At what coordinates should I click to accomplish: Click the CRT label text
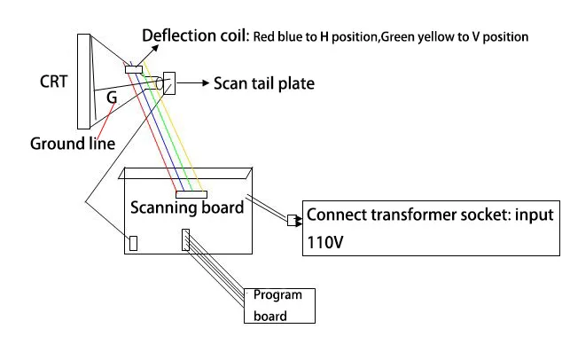(53, 82)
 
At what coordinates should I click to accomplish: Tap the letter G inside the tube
(112, 97)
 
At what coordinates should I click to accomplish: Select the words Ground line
(73, 144)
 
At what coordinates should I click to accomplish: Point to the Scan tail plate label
(264, 83)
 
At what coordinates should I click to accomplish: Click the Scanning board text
(187, 207)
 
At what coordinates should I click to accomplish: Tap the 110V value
(325, 242)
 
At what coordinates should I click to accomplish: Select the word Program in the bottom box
(277, 294)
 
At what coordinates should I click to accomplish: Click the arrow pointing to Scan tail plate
(192, 83)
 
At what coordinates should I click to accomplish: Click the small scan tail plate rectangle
(169, 83)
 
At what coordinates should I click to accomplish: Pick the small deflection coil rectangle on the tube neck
(134, 69)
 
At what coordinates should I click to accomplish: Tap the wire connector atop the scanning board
(191, 194)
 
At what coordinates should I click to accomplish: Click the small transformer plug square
(292, 221)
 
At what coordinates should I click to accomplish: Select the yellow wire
(172, 126)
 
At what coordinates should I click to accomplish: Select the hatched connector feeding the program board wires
(185, 239)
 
